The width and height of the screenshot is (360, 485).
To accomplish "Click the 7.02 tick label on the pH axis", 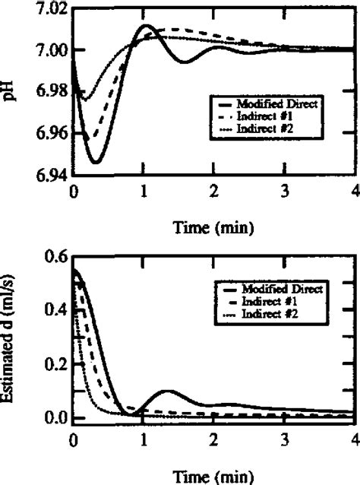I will [48, 9].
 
